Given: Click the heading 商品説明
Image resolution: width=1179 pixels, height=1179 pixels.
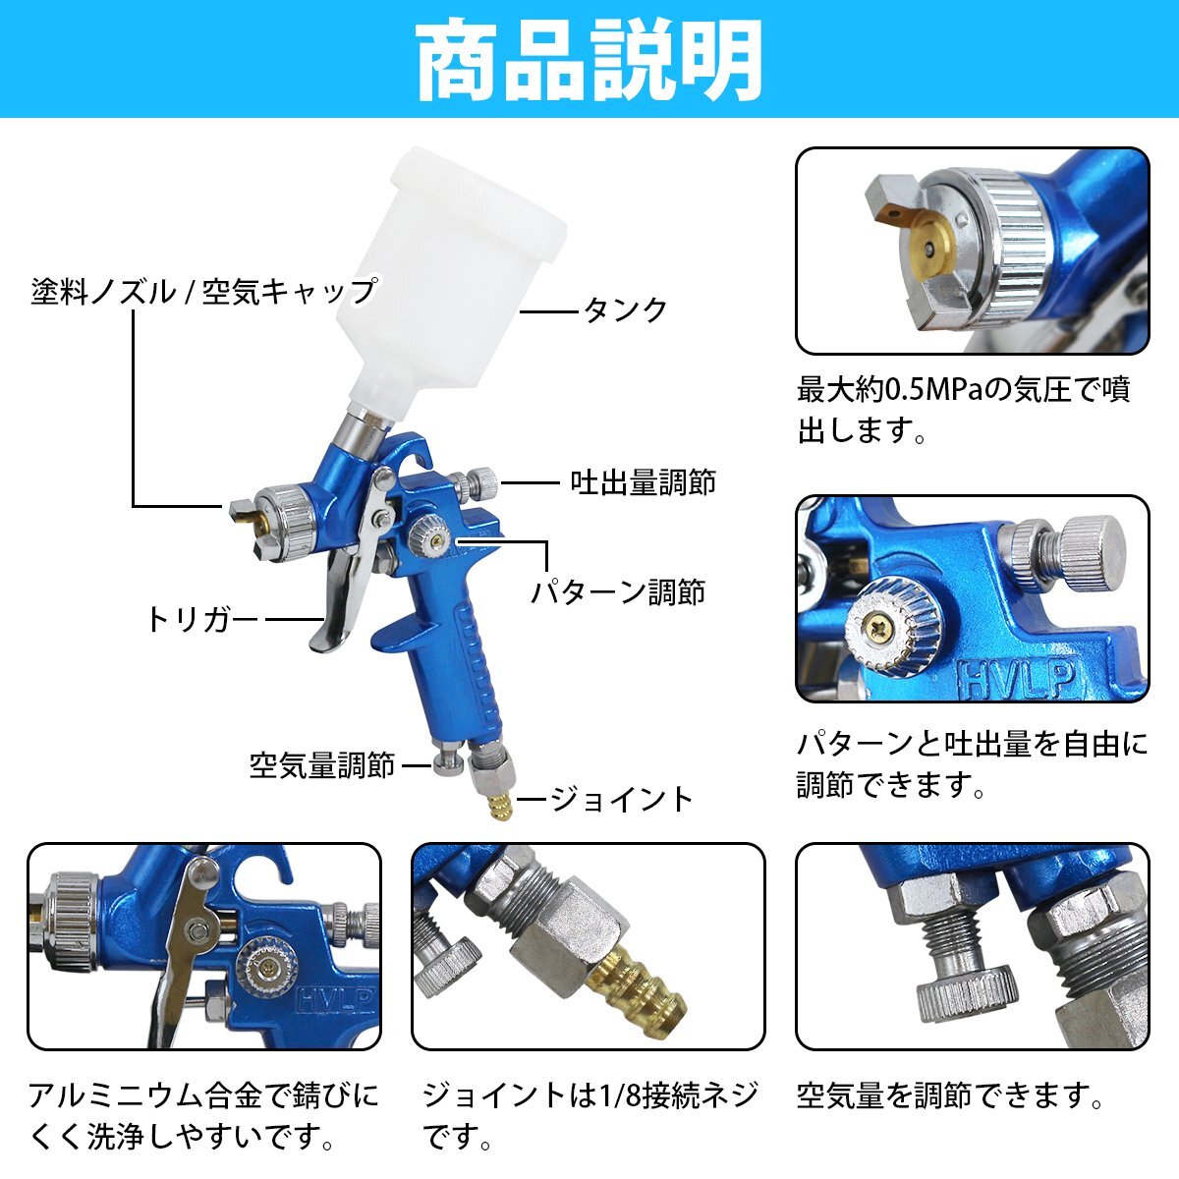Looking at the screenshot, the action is (x=589, y=60).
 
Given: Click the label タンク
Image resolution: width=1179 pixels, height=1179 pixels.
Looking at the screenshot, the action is (x=625, y=310).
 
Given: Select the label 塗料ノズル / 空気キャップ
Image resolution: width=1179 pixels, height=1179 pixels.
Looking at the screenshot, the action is (x=203, y=291).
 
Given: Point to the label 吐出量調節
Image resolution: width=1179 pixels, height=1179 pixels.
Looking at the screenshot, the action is (x=643, y=482).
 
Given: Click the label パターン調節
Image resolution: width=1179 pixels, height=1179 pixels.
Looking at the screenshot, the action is (x=618, y=591).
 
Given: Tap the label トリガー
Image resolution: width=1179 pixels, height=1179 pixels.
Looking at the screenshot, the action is (x=201, y=620).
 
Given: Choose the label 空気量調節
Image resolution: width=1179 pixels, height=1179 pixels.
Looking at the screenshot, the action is (x=322, y=764).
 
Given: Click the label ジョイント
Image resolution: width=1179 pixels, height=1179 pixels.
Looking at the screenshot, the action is (x=620, y=799).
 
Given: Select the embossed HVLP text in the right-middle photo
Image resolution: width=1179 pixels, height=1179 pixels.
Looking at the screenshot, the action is (x=1019, y=680).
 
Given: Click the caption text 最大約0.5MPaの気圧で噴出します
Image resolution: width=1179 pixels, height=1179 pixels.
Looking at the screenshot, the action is (x=964, y=411).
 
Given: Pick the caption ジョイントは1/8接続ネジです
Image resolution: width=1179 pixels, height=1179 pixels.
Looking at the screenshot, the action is (x=589, y=1115).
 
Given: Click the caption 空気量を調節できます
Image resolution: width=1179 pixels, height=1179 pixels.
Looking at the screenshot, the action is (x=949, y=1095).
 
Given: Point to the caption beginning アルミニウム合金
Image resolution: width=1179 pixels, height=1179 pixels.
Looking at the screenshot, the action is (x=203, y=1115).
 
